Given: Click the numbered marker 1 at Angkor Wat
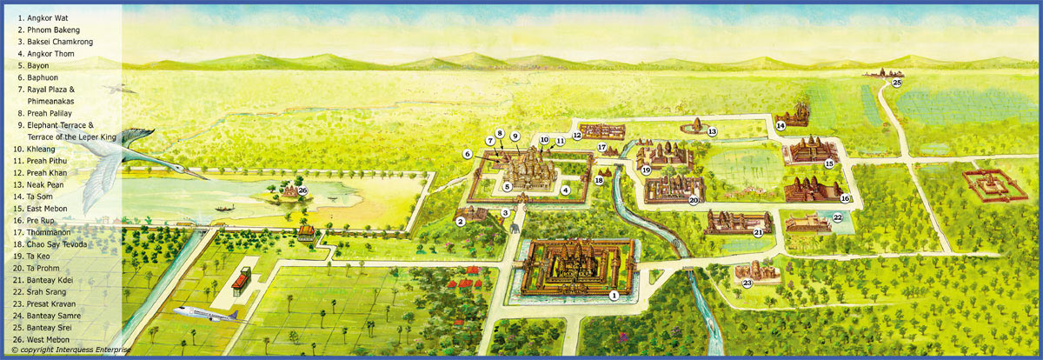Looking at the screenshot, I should (614, 295).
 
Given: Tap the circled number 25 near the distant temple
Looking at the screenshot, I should (897, 83).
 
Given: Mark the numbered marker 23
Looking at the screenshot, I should (747, 283).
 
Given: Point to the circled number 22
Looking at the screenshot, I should (838, 218).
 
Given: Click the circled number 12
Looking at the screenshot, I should (576, 136).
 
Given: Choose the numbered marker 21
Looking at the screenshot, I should (758, 232).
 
